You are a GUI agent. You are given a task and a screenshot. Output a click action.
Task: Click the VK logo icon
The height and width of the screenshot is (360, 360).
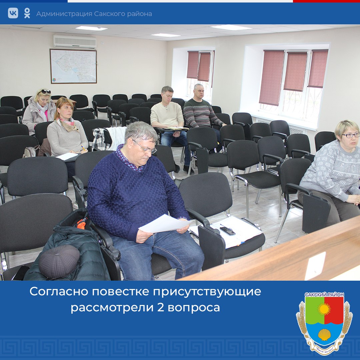coord(13,13)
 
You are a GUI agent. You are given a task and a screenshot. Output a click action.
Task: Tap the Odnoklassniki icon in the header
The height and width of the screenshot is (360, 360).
coord(27,13)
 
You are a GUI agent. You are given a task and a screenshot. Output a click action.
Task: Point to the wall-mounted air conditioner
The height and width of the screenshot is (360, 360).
coord(75,41)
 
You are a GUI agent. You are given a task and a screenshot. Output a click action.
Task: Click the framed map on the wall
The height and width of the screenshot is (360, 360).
coord(73,66)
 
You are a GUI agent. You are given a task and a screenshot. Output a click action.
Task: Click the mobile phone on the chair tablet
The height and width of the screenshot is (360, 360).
coord(227,230)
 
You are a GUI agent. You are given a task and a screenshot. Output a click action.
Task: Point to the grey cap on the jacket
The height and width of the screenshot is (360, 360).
coord(59,261)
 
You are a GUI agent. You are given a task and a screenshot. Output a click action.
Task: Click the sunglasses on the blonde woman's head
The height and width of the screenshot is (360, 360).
coord(45,91)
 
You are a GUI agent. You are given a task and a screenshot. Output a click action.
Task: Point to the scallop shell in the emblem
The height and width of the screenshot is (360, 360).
coord(324,334)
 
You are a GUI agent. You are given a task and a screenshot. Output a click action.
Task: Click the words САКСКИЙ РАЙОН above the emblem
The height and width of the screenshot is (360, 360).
coord(324,295)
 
